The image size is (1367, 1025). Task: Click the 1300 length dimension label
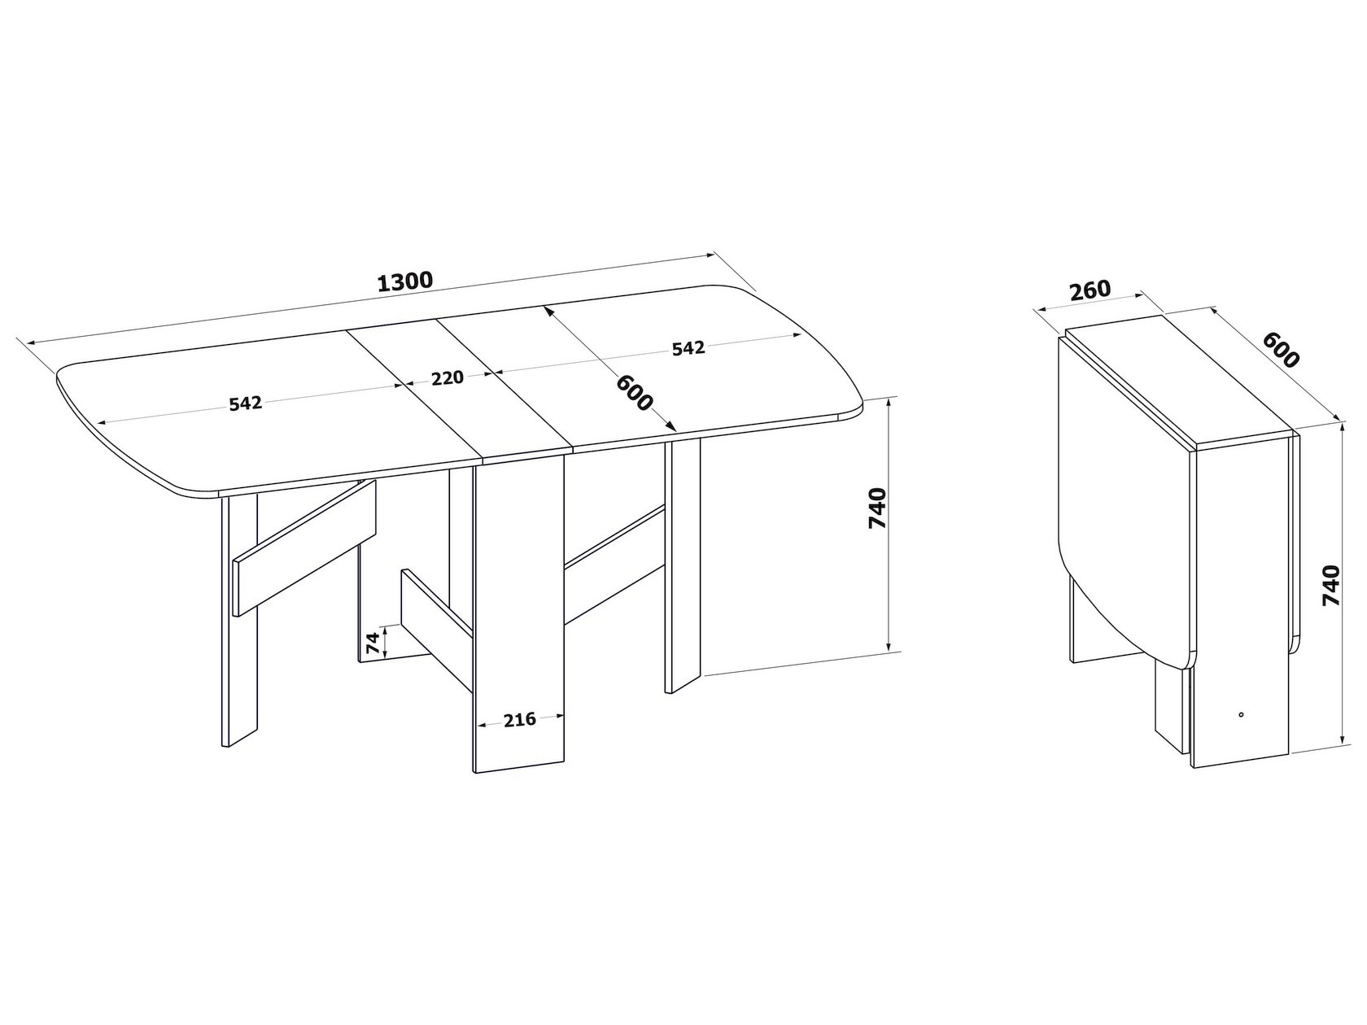pos(404,282)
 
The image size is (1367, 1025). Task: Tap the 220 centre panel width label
pos(448,377)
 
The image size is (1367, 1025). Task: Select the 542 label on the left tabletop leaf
pos(246,404)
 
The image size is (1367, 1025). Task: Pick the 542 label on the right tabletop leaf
pos(688,348)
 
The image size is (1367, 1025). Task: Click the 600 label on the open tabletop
pos(634,393)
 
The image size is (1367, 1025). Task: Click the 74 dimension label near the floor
pos(372,643)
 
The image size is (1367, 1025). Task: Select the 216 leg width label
pos(519,719)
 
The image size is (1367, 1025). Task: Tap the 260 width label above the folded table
pos(1090,290)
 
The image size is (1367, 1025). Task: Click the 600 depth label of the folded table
pos(1281,350)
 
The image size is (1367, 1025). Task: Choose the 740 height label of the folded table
pos(1331,585)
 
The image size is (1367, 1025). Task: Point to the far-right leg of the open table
pos(683,566)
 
